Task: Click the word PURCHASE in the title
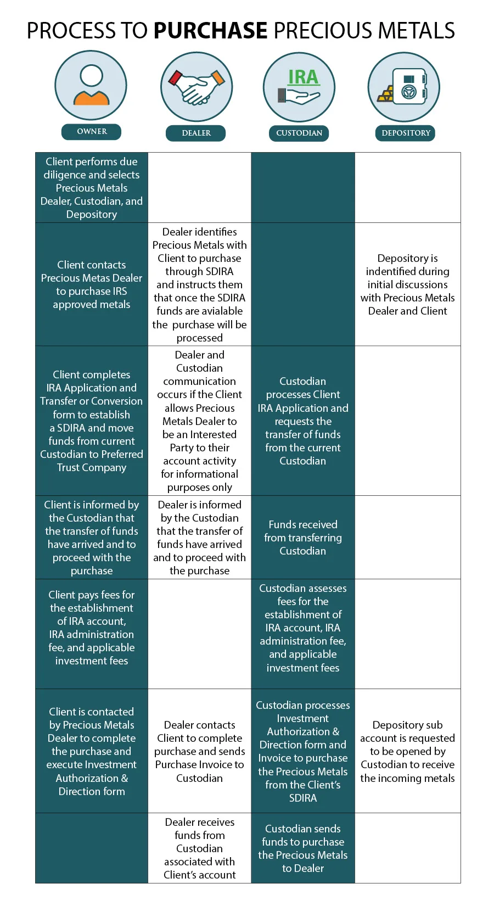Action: click(210, 31)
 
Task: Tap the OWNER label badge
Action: click(91, 131)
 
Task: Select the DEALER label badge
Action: click(196, 133)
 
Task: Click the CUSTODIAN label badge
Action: click(299, 133)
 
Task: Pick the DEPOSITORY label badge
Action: click(406, 133)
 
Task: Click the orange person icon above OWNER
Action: click(91, 86)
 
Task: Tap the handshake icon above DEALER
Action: click(197, 87)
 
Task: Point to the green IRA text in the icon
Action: click(303, 77)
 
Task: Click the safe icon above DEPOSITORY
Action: click(411, 87)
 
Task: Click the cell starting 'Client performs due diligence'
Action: click(92, 188)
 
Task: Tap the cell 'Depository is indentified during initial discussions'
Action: click(407, 284)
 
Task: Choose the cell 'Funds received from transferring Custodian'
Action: click(303, 538)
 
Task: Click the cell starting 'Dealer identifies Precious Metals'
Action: click(199, 284)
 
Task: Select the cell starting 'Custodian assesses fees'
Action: click(303, 628)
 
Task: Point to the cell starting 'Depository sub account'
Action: click(407, 751)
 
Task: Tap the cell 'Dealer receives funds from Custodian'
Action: click(199, 848)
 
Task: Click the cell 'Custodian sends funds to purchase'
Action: click(303, 848)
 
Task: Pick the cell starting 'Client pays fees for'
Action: click(92, 628)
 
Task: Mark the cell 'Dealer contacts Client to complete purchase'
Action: click(199, 751)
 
